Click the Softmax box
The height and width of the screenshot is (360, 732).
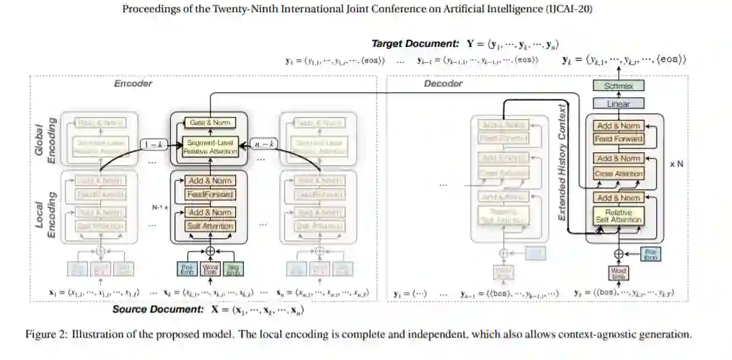(x=614, y=86)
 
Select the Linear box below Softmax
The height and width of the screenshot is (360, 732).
(x=614, y=104)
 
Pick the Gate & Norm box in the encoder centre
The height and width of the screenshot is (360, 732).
(x=208, y=122)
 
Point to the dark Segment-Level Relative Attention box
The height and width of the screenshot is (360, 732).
(x=208, y=147)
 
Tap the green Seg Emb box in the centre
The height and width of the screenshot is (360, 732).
(x=231, y=269)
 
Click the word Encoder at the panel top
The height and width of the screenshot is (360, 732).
(x=133, y=84)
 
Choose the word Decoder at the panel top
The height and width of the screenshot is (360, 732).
(x=443, y=84)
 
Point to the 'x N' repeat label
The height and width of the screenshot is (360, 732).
(x=676, y=164)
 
